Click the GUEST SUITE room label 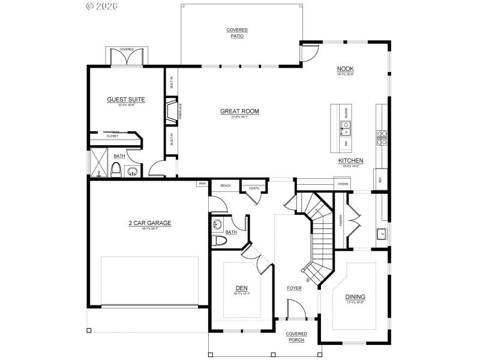[126, 100]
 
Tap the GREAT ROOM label [239, 111]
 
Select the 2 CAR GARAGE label [149, 223]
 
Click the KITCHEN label [350, 161]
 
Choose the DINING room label [355, 297]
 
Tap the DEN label [241, 289]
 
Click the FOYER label [294, 288]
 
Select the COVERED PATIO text [237, 33]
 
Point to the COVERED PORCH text [296, 337]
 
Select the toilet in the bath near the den [219, 241]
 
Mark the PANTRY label [341, 220]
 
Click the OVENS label [343, 184]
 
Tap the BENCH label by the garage [226, 186]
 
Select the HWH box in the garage [202, 184]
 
